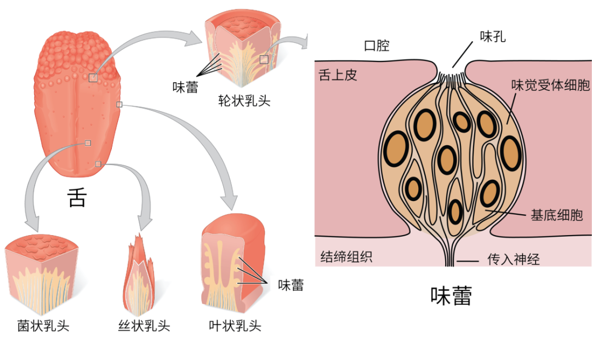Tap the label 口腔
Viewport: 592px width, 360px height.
(x=377, y=45)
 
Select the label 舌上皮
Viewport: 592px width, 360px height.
(x=338, y=75)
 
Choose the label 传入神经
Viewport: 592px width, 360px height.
(x=514, y=259)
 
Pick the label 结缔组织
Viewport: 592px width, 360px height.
(x=346, y=256)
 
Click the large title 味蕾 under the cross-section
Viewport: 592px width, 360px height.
(x=451, y=296)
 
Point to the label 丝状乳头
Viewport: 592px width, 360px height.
(x=144, y=327)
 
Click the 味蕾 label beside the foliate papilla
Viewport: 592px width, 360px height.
(x=291, y=285)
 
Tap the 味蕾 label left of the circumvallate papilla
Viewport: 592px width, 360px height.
(x=185, y=87)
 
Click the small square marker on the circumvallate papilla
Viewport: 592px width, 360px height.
(x=264, y=59)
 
